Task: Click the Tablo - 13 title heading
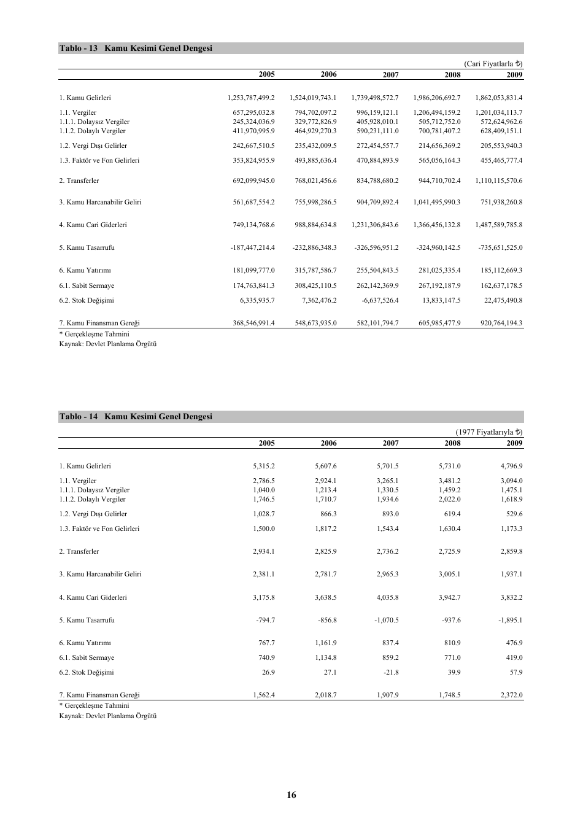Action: (x=136, y=48)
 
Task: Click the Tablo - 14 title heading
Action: (x=136, y=417)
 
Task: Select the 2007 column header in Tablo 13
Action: (x=390, y=75)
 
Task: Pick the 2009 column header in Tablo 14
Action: (x=514, y=443)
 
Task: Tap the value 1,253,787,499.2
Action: (x=251, y=98)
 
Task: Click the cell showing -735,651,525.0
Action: (x=500, y=248)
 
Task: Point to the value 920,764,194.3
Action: (x=501, y=323)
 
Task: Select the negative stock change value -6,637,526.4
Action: (x=377, y=301)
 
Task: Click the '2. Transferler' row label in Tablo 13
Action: (x=79, y=181)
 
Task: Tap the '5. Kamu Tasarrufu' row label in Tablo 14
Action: (x=87, y=621)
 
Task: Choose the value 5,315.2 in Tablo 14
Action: (x=264, y=467)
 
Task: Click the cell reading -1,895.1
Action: (x=510, y=621)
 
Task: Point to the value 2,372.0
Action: (x=512, y=695)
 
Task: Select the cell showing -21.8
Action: (x=390, y=673)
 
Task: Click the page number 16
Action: (x=291, y=795)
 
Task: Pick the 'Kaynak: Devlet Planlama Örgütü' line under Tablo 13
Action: (x=108, y=344)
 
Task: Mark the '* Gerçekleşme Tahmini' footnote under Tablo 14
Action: (x=94, y=706)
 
